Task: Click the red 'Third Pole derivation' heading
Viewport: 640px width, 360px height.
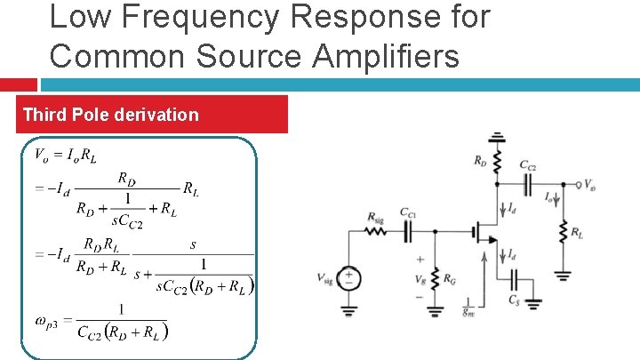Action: click(111, 115)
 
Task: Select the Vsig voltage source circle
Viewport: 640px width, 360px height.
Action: click(349, 278)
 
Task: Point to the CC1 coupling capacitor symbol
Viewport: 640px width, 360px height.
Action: click(409, 229)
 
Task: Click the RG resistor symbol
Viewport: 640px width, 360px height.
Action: click(436, 276)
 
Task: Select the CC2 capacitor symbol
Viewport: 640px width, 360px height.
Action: click(527, 183)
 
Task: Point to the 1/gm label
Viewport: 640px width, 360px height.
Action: click(468, 310)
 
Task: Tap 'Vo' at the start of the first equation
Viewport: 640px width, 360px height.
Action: click(41, 156)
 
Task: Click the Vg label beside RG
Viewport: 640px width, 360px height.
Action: click(419, 278)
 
